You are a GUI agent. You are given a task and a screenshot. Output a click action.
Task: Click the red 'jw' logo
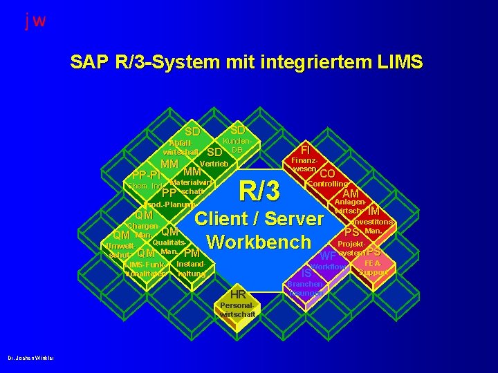35,21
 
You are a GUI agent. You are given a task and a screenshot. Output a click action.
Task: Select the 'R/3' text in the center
259,189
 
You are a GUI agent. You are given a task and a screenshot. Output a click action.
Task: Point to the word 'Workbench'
259,242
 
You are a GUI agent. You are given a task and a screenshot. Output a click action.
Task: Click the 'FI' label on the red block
304,149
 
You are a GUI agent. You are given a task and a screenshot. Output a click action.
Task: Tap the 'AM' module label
351,193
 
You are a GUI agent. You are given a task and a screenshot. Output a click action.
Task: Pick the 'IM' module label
373,211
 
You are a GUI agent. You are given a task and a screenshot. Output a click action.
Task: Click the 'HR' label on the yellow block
238,294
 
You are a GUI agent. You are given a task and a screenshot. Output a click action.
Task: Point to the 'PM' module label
192,254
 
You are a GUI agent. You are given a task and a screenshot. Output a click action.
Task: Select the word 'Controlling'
326,184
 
